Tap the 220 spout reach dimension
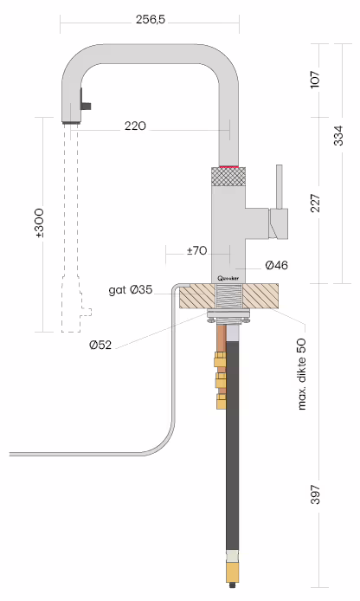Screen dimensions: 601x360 coord(135,126)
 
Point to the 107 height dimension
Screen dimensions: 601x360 coord(315,79)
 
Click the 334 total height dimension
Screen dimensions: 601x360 coord(339,136)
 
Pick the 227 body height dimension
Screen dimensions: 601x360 coord(315,203)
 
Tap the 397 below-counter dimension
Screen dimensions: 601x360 coord(315,494)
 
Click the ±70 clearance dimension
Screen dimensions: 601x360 coord(196,251)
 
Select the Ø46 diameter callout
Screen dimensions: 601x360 coord(277,264)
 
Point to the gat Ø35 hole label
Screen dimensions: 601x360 coord(132,289)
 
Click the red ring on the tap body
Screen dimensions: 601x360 coord(230,165)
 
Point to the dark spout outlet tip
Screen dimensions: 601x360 coord(72,122)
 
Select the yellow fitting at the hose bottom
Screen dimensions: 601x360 coord(232,571)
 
